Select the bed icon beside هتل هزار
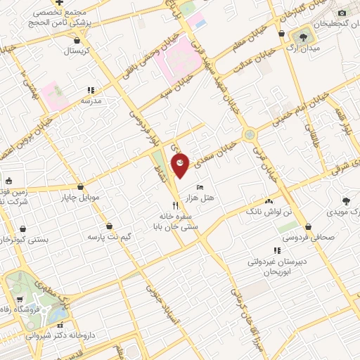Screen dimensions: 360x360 click(200, 188)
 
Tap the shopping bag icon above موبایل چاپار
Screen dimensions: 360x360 click(83, 186)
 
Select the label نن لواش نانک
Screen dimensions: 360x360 click(263, 211)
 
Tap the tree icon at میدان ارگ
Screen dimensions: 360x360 click(304, 36)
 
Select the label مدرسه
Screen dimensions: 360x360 click(91, 101)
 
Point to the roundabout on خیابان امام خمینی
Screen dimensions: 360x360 click(249, 134)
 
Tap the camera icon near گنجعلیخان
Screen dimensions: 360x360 click(342, 13)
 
